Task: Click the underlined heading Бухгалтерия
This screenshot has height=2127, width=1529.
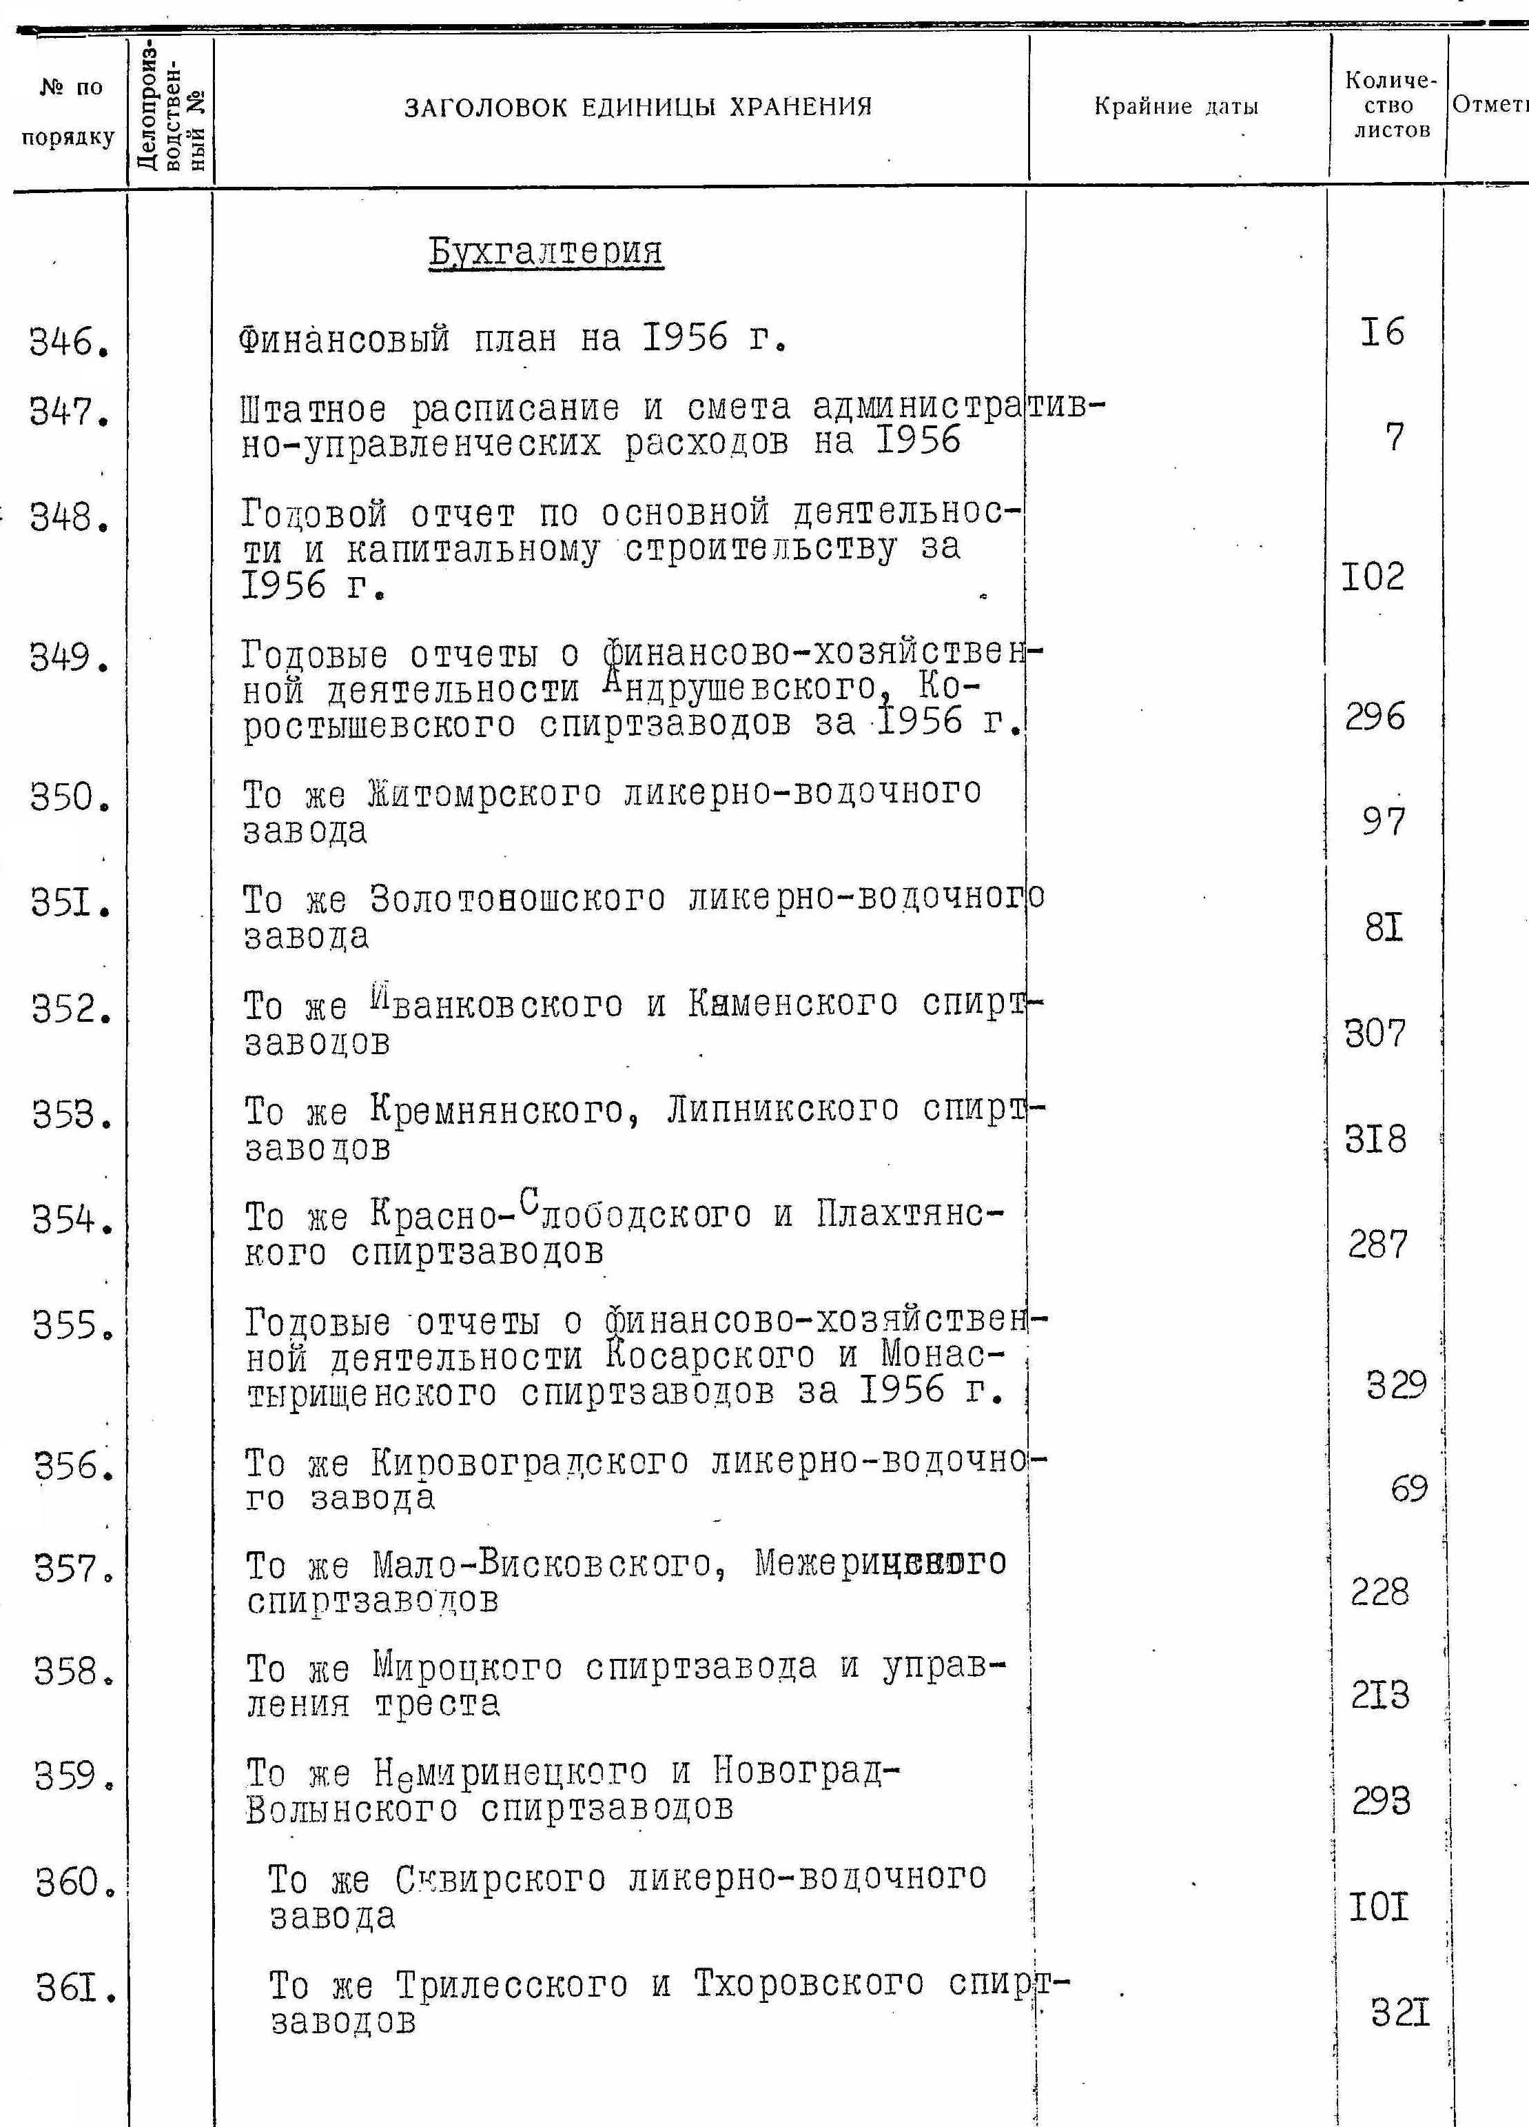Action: tap(546, 252)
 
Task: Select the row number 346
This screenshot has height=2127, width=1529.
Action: tap(70, 343)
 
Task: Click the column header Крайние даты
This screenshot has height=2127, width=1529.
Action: tap(1176, 107)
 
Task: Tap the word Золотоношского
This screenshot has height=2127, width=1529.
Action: tap(517, 899)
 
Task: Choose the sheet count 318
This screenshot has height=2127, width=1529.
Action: tap(1375, 1140)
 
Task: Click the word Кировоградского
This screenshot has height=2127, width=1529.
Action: tap(530, 1463)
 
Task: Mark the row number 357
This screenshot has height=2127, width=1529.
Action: tap(73, 1568)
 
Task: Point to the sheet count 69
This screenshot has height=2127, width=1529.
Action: tap(1408, 1489)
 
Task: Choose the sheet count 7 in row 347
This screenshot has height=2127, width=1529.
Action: tap(1394, 437)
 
